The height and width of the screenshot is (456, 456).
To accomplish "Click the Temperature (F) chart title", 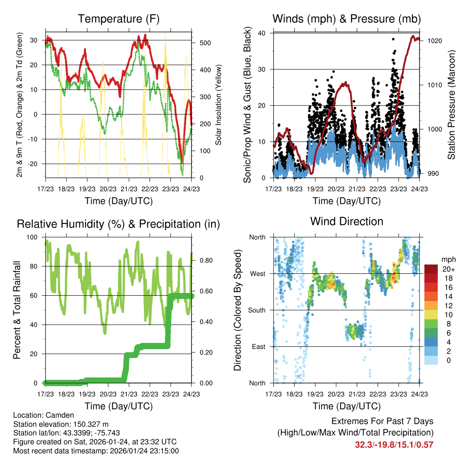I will pos(118,19).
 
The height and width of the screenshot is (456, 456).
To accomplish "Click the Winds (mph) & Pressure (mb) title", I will pos(346,19).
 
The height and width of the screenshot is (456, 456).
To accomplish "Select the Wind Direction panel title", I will pos(346,221).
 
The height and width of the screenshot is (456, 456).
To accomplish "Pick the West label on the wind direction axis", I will pos(257,273).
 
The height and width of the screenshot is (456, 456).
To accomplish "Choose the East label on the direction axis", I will pos(258,346).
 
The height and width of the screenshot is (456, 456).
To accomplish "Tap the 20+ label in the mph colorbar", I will pos(448,269).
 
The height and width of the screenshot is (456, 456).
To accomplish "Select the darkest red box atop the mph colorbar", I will pos(431,269).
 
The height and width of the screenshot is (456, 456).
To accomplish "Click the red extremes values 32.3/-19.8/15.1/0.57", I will pos(394,444).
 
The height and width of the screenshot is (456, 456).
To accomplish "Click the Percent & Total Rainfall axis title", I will pos(16,310).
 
